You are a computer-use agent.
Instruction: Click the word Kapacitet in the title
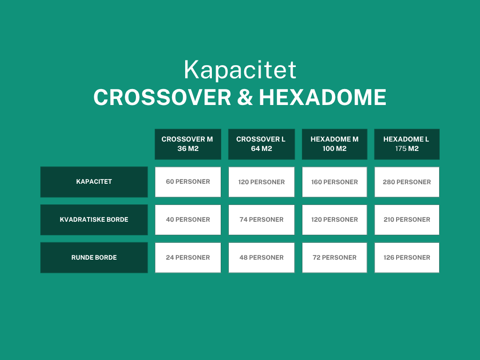click(240, 70)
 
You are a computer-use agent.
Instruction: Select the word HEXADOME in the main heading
click(322, 97)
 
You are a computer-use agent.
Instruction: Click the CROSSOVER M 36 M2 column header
click(187, 144)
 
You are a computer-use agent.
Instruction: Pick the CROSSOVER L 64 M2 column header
click(261, 144)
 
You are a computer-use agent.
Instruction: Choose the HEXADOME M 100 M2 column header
click(335, 144)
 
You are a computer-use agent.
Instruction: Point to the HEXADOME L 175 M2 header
click(406, 144)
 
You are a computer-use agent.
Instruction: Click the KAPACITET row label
click(94, 182)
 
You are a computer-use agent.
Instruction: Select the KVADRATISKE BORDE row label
click(94, 220)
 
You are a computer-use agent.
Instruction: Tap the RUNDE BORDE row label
click(94, 257)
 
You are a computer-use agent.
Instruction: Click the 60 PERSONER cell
click(187, 182)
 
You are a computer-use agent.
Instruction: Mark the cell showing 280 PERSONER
click(406, 182)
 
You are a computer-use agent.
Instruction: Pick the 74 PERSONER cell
click(261, 220)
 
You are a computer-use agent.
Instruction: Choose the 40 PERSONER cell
click(187, 220)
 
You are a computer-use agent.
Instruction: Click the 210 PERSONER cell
click(406, 220)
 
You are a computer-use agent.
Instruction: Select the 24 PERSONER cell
click(187, 257)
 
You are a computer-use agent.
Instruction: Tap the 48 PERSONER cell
click(261, 257)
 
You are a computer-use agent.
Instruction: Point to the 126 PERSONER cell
click(406, 257)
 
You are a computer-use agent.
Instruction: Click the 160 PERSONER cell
click(335, 182)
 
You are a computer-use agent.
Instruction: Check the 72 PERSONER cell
click(335, 257)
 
